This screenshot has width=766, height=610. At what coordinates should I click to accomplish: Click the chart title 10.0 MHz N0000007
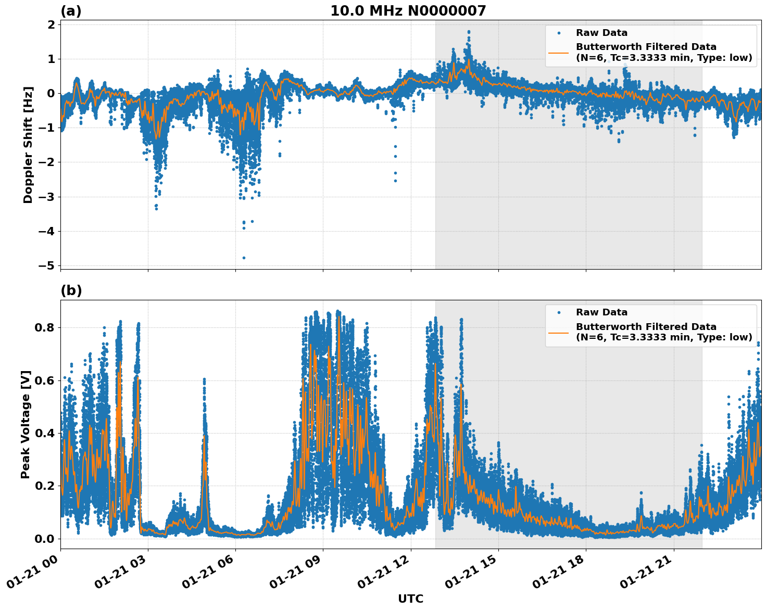click(408, 11)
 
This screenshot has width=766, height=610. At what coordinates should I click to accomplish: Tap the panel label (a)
click(71, 11)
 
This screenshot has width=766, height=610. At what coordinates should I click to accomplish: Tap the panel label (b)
click(71, 290)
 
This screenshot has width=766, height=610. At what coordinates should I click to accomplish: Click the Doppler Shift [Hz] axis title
click(28, 145)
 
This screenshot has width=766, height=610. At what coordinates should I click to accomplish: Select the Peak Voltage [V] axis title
click(26, 424)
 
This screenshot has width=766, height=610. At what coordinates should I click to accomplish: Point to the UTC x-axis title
click(410, 599)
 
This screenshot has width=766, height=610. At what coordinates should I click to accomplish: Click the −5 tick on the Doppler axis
click(46, 265)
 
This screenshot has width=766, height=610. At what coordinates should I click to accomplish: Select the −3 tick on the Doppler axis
click(46, 197)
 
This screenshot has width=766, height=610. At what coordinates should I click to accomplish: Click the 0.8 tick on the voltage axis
click(45, 327)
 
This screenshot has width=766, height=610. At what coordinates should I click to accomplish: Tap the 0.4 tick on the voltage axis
click(45, 433)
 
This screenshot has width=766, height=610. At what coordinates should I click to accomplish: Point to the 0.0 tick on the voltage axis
click(45, 539)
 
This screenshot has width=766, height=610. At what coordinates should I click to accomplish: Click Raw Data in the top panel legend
click(601, 33)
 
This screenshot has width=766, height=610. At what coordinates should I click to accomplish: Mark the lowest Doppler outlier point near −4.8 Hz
click(244, 258)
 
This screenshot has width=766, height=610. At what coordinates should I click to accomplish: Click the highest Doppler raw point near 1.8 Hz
click(469, 32)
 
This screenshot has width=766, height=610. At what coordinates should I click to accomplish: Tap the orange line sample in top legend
click(558, 52)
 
